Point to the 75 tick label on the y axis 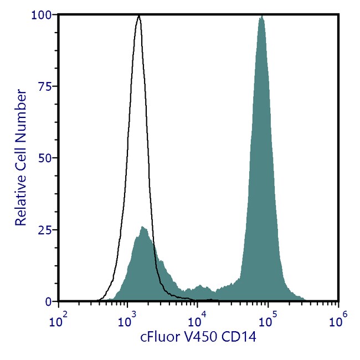pyautogui.click(x=46, y=86)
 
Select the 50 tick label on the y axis pyautogui.click(x=46, y=158)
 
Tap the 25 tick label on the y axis pyautogui.click(x=46, y=230)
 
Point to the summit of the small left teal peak pyautogui.click(x=143, y=227)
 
